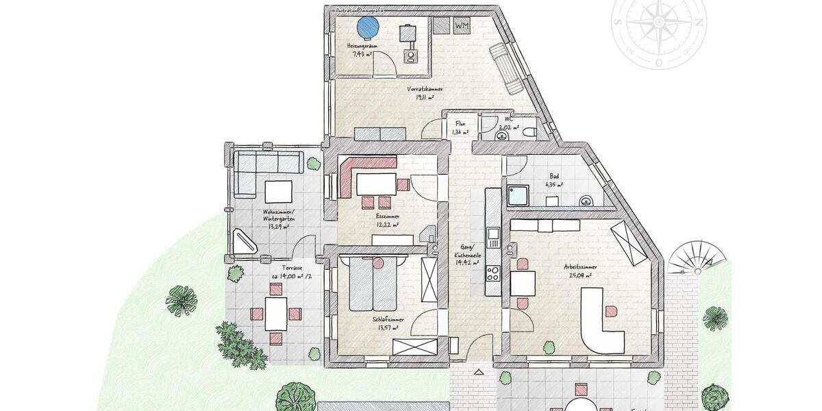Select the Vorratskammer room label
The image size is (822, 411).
425,90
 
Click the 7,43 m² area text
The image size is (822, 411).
361,53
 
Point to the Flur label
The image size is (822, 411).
460,123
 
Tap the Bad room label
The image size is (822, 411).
553,176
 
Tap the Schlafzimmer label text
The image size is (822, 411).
388,320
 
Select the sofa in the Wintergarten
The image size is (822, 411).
268,163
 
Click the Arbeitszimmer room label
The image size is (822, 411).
580,267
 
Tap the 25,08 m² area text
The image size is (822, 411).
580,276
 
